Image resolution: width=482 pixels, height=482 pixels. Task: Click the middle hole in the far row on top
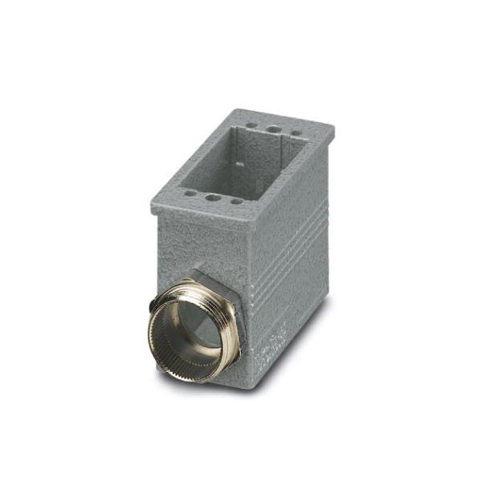coord(274,129)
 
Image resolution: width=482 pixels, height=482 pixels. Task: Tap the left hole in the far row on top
coord(252,126)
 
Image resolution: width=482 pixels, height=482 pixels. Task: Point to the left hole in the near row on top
coord(190,193)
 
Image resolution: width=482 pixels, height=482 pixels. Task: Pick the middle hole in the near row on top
coord(213,197)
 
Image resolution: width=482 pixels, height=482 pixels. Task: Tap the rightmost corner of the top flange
coord(333,127)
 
